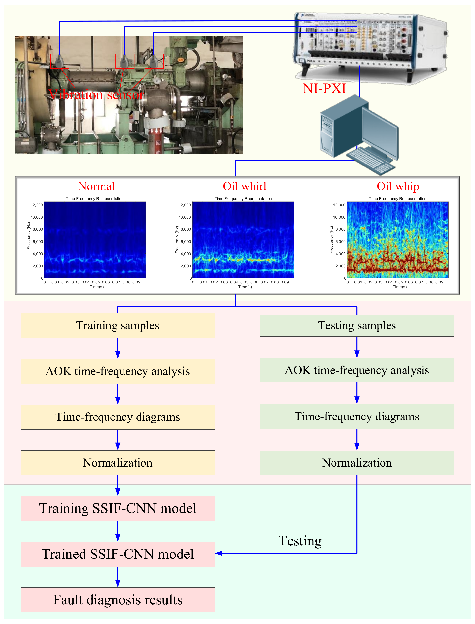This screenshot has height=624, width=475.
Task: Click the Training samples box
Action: [x=118, y=325]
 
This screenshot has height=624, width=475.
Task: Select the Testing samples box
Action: [x=357, y=325]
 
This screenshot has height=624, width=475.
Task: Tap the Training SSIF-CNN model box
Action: [x=118, y=508]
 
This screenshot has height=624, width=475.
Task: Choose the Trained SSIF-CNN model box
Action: [x=118, y=554]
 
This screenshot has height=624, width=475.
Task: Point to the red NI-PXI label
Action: [x=324, y=88]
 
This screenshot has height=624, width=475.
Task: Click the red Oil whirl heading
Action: [x=245, y=186]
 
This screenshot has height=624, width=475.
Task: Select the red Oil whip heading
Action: [x=398, y=186]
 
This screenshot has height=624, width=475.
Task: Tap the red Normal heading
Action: [x=96, y=186]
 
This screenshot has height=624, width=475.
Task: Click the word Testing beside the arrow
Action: [x=300, y=541]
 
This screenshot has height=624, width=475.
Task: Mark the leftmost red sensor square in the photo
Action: [x=60, y=61]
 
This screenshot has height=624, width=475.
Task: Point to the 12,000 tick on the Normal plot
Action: [x=37, y=205]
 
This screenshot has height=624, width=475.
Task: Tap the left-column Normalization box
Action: [x=118, y=463]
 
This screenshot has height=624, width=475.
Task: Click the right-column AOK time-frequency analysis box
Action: [x=357, y=370]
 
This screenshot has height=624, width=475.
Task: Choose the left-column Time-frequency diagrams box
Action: [x=118, y=417]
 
